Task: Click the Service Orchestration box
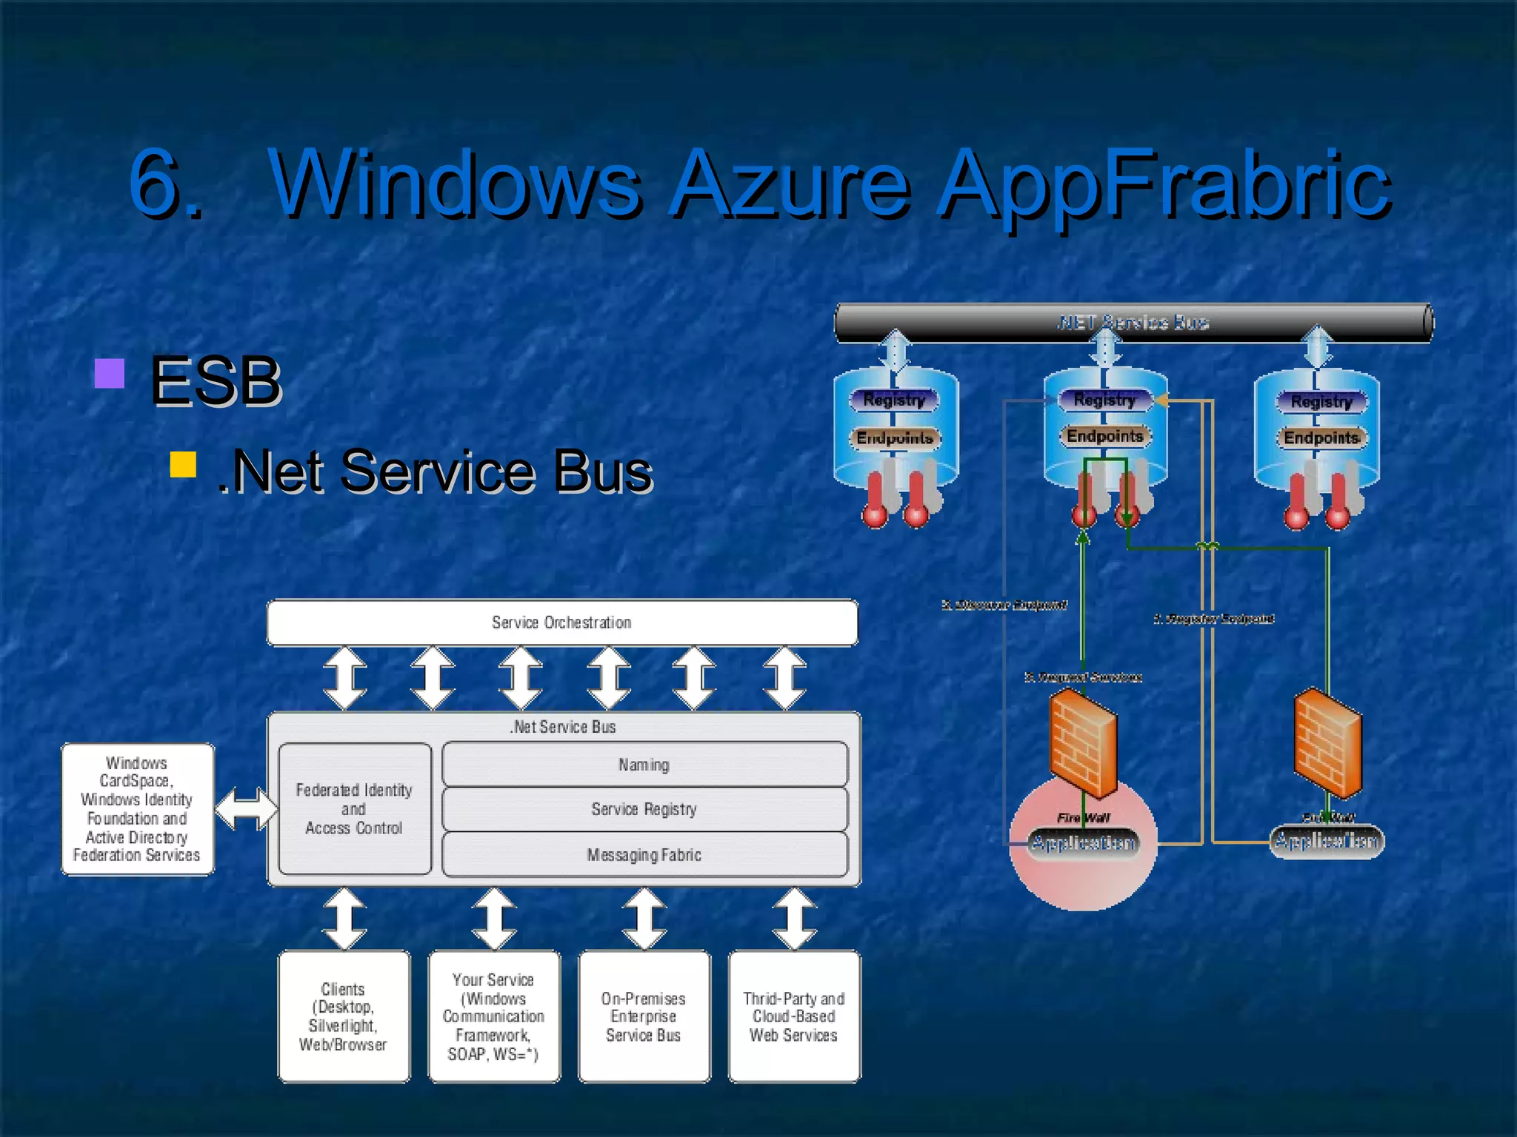pyautogui.click(x=561, y=623)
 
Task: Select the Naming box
pyautogui.click(x=644, y=765)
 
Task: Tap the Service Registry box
pyautogui.click(x=644, y=809)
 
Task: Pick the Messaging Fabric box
pyautogui.click(x=644, y=855)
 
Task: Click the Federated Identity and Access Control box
pyautogui.click(x=354, y=809)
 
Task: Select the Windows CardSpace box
pyautogui.click(x=137, y=809)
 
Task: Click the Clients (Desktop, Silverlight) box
pyautogui.click(x=344, y=1016)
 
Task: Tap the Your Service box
pyautogui.click(x=494, y=1016)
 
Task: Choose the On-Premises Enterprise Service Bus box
pyautogui.click(x=644, y=1016)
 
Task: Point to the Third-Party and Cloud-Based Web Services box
pyautogui.click(x=794, y=1016)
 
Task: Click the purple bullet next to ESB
pyautogui.click(x=110, y=374)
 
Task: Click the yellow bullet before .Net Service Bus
pyautogui.click(x=183, y=465)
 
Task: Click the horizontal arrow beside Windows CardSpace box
pyautogui.click(x=246, y=809)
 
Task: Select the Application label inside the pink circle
pyautogui.click(x=1083, y=842)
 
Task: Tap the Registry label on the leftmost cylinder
pyautogui.click(x=894, y=400)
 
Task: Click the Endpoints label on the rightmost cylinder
pyautogui.click(x=1321, y=437)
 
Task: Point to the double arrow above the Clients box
pyautogui.click(x=345, y=919)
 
